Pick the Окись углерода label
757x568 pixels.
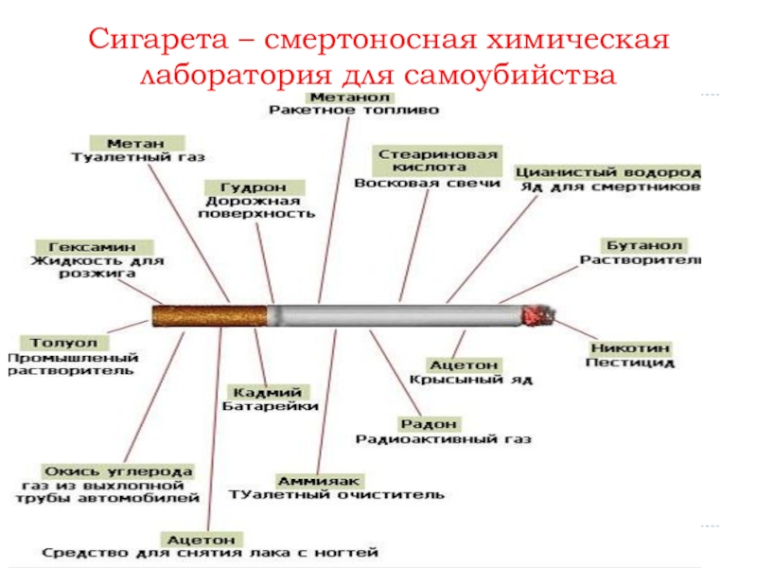pyautogui.click(x=118, y=470)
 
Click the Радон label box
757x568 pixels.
pyautogui.click(x=430, y=423)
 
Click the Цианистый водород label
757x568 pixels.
pyautogui.click(x=607, y=173)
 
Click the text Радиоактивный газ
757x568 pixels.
pyautogui.click(x=443, y=438)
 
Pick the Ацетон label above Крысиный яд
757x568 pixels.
pyautogui.click(x=463, y=364)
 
